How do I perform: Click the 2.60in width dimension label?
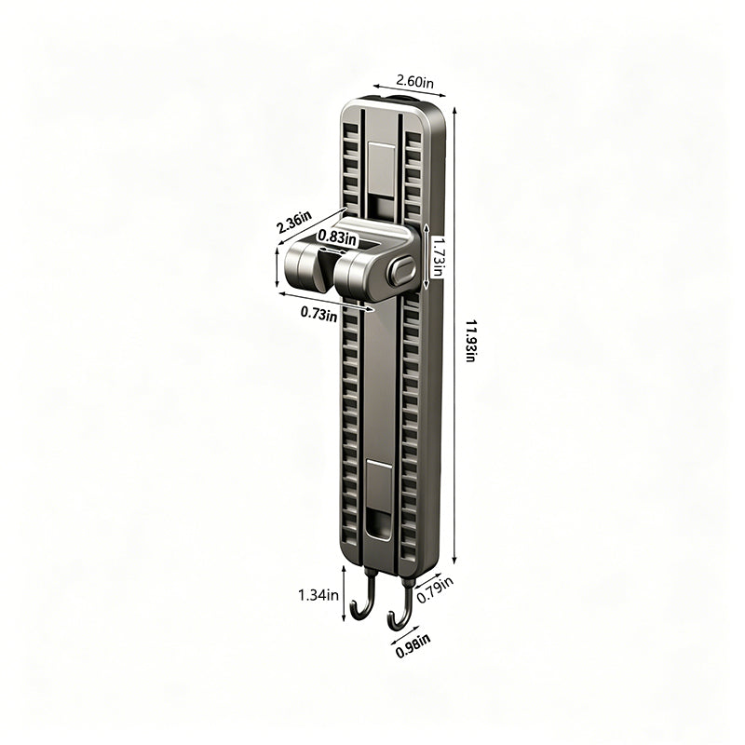point(414,82)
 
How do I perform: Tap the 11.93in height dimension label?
point(470,342)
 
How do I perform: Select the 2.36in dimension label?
point(294,223)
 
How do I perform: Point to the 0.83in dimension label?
point(337,237)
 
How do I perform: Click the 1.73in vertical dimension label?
point(437,257)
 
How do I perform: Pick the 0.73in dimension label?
point(319,314)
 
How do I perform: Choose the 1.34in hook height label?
point(318,594)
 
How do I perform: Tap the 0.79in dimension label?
point(435,590)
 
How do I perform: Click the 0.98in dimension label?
point(413,645)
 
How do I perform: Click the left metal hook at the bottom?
point(366,600)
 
